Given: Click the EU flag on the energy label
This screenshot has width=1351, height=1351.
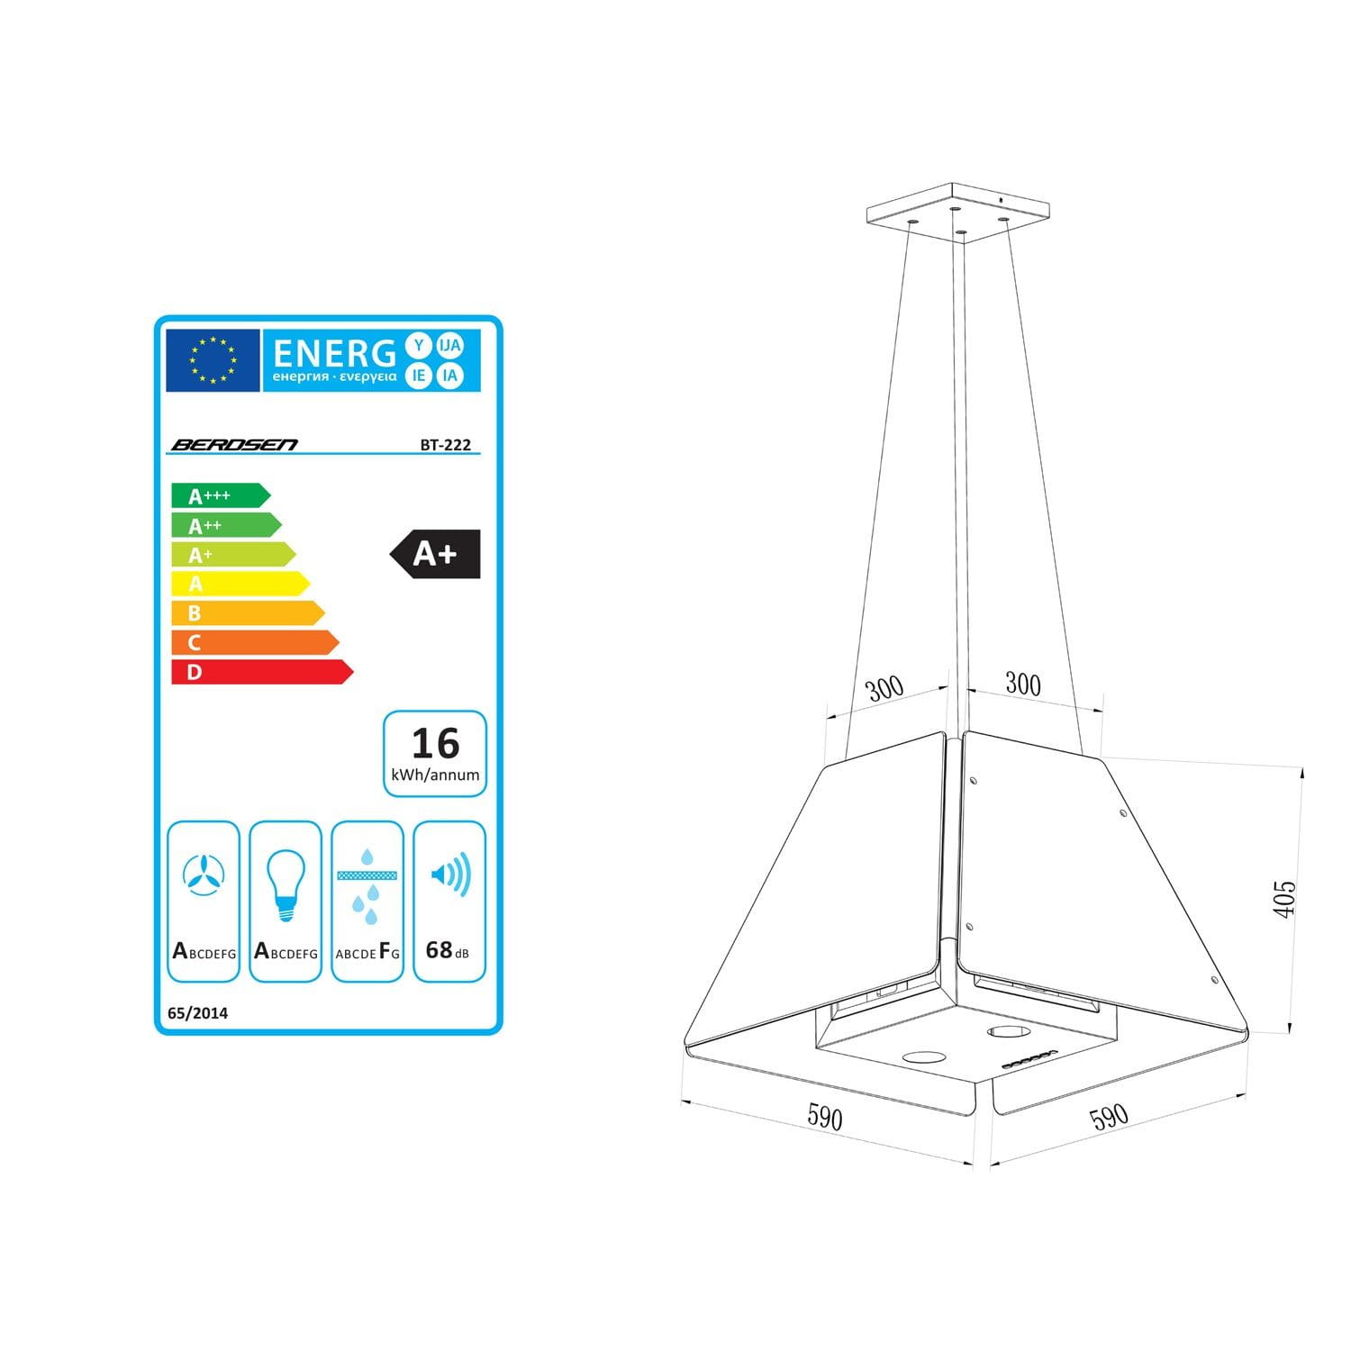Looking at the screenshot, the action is [x=213, y=360].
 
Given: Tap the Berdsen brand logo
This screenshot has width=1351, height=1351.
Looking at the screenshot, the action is [x=234, y=444].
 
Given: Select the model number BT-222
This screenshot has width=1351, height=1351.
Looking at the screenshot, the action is [x=446, y=444].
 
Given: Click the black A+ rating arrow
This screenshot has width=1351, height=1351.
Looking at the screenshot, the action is [x=435, y=554].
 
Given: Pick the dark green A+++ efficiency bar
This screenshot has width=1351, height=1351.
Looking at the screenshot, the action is [x=221, y=495].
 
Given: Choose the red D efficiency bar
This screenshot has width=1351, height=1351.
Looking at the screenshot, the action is [x=262, y=672].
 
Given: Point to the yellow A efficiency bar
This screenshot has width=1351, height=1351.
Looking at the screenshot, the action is [x=240, y=584].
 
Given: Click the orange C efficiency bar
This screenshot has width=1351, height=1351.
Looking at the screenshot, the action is [x=255, y=642].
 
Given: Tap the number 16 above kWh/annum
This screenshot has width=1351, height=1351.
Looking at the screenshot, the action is [x=435, y=744].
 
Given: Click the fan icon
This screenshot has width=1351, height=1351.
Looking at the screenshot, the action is [x=204, y=875].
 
